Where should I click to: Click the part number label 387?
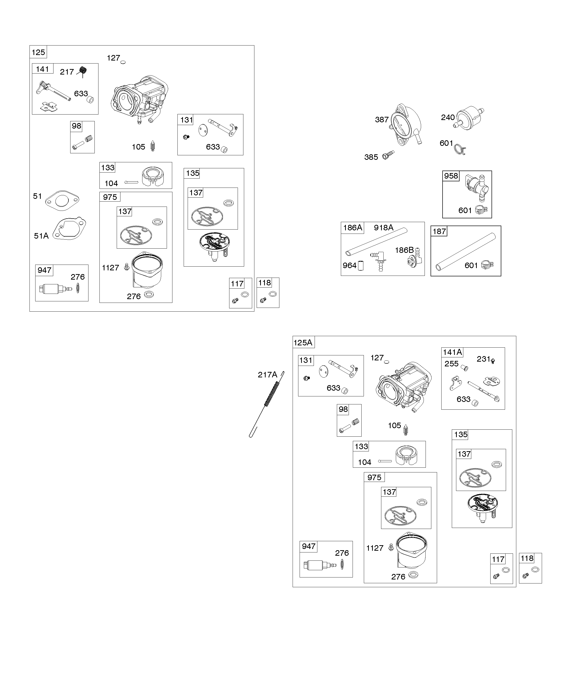382,120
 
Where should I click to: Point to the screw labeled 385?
388,154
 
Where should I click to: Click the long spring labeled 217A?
267,404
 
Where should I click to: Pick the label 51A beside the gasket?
41,236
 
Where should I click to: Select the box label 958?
451,176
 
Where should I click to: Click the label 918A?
384,228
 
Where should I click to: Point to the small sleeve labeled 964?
361,266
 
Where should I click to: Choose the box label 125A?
303,343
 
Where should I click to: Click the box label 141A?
452,352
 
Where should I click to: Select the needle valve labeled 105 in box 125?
153,146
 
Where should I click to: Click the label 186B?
404,250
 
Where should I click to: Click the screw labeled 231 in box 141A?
493,361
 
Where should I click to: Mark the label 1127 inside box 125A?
375,548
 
